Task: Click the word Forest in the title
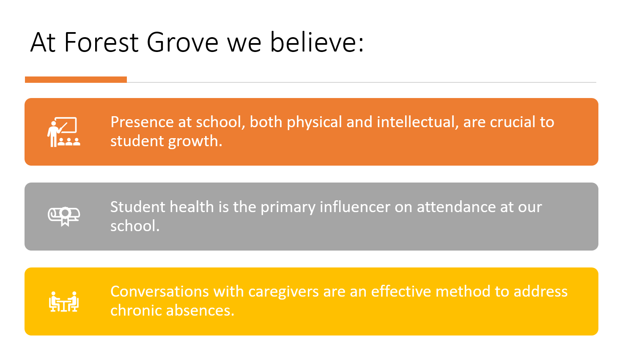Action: tap(101, 42)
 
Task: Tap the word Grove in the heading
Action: tap(183, 42)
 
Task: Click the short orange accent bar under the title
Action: tap(76, 79)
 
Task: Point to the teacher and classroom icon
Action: tap(63, 132)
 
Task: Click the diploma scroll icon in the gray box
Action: tap(64, 216)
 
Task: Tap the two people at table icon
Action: tap(64, 301)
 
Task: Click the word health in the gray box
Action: tap(192, 207)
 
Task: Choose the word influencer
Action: tap(355, 207)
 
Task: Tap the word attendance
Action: tap(456, 207)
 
